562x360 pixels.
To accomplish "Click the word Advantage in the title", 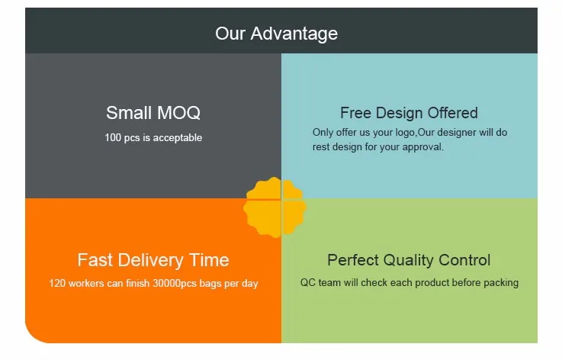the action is [294, 34].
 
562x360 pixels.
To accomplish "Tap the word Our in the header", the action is [230, 34].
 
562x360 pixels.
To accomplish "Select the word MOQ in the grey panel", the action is [178, 113].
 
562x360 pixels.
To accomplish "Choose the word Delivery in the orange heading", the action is [150, 261].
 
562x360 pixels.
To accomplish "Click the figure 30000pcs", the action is [175, 283].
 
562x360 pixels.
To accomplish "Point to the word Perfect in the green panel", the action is [353, 260].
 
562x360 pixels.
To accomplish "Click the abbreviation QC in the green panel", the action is [308, 282].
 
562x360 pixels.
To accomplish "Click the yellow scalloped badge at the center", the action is [275, 207].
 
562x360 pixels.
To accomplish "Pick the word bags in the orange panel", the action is [210, 284].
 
